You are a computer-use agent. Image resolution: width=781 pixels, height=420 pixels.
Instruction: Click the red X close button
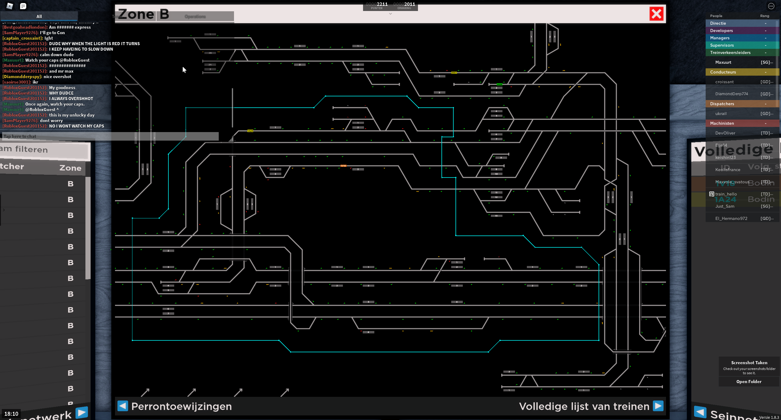tap(656, 14)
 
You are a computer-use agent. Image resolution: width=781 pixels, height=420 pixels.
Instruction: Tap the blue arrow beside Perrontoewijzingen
tap(123, 406)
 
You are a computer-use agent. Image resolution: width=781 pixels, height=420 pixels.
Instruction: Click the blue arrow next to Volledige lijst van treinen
tap(658, 406)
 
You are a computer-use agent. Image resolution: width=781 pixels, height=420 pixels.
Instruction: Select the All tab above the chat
tap(39, 16)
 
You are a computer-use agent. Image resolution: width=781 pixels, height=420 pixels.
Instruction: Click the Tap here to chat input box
tap(110, 136)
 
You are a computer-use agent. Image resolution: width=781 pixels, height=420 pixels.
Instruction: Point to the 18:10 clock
tap(11, 414)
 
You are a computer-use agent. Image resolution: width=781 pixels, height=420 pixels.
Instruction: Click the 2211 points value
tap(382, 4)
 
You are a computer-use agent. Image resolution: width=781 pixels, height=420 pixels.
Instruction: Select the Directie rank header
tap(718, 23)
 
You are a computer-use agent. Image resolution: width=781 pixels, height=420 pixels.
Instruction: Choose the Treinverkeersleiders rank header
tap(730, 52)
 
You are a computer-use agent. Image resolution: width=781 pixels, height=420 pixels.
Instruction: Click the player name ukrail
tap(721, 113)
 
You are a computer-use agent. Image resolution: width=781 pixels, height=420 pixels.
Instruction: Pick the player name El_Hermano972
tap(731, 218)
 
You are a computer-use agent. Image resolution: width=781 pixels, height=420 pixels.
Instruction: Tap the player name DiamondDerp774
tap(732, 94)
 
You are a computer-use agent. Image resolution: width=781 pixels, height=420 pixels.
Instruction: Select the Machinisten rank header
tap(722, 123)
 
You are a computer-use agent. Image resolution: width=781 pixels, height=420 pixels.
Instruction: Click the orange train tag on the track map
tap(343, 166)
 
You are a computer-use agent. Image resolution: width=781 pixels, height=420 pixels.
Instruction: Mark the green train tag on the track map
tap(499, 84)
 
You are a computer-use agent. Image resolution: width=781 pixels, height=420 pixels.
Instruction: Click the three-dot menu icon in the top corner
tap(771, 6)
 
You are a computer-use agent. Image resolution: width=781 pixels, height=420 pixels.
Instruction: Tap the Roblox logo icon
tap(10, 6)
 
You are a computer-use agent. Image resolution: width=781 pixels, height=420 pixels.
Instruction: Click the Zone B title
tap(143, 14)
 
